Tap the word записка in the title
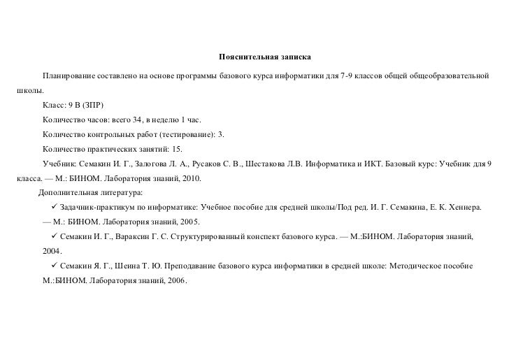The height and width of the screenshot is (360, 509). [x=287, y=55]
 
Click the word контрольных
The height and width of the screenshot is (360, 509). [x=114, y=134]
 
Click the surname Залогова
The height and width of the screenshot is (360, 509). [x=142, y=164]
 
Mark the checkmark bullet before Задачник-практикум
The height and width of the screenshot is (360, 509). [x=55, y=208]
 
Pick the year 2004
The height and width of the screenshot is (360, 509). [x=52, y=250]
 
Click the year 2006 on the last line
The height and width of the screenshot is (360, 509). [x=175, y=281]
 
